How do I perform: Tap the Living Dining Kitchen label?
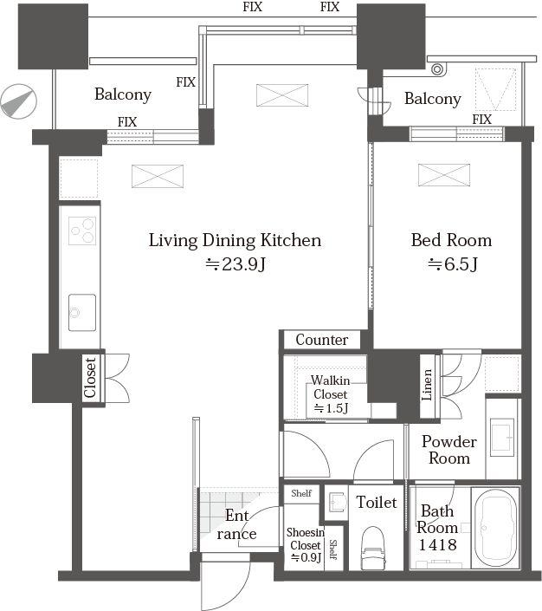[235, 240]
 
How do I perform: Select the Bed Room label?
[450, 240]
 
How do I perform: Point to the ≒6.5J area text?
[450, 265]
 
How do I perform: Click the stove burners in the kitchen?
[82, 231]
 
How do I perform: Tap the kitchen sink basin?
[82, 309]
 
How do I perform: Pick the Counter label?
[322, 340]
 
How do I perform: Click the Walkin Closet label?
[330, 387]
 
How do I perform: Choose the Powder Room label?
[449, 449]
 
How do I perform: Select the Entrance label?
[236, 524]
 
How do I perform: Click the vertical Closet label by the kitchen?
[90, 378]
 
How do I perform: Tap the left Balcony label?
[123, 94]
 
